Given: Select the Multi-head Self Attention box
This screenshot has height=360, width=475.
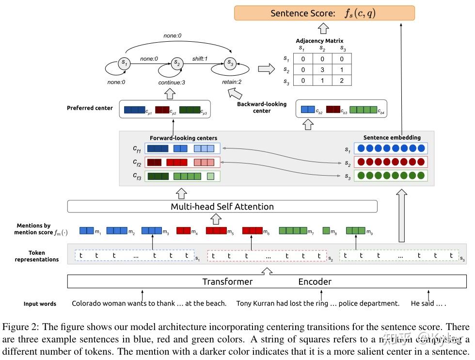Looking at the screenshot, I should click(222, 207).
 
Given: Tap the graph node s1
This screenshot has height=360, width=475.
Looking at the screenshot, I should click(125, 64).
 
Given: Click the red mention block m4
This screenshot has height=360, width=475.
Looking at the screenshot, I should click(184, 231).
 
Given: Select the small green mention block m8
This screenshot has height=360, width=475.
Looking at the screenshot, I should click(326, 231).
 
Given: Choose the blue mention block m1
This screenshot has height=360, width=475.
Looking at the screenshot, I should click(86, 231).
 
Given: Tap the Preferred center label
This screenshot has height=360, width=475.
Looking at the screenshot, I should click(90, 108).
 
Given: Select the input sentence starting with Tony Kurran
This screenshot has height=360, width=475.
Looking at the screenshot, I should click(317, 304).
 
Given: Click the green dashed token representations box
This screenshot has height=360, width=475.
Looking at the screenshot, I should click(399, 256).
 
